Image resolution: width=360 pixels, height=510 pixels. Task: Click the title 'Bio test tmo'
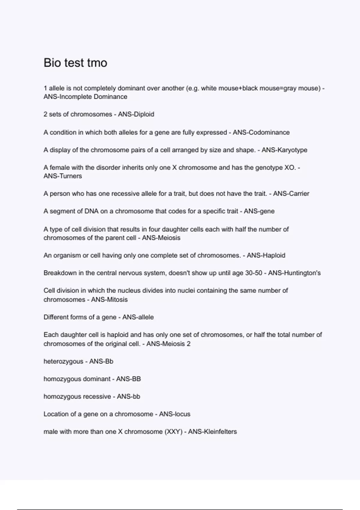pyautogui.click(x=75, y=63)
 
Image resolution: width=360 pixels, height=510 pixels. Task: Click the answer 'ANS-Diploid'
pyautogui.click(x=136, y=114)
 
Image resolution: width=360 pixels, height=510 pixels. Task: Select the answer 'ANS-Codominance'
pyautogui.click(x=261, y=132)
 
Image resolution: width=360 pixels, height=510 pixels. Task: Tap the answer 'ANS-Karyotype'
pyautogui.click(x=284, y=150)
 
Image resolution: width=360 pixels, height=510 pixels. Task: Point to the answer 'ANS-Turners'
pyautogui.click(x=63, y=176)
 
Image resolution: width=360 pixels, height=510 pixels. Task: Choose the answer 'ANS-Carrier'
pyautogui.click(x=291, y=193)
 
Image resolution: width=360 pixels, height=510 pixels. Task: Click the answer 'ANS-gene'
pyautogui.click(x=259, y=211)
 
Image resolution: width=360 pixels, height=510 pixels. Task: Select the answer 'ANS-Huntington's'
pyautogui.click(x=294, y=273)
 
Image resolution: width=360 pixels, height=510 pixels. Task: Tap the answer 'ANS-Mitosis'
pyautogui.click(x=109, y=299)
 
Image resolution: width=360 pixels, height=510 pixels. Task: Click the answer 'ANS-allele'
pyautogui.click(x=138, y=317)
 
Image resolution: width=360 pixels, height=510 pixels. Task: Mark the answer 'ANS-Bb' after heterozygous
pyautogui.click(x=101, y=361)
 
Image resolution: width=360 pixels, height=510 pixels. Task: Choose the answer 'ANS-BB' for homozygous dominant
pyautogui.click(x=128, y=379)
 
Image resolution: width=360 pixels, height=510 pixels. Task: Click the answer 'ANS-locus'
pyautogui.click(x=175, y=414)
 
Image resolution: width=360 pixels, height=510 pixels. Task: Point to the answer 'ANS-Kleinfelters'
pyautogui.click(x=212, y=432)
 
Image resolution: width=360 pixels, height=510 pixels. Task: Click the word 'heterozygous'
pyautogui.click(x=63, y=361)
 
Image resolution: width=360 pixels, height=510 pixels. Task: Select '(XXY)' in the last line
pyautogui.click(x=174, y=432)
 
